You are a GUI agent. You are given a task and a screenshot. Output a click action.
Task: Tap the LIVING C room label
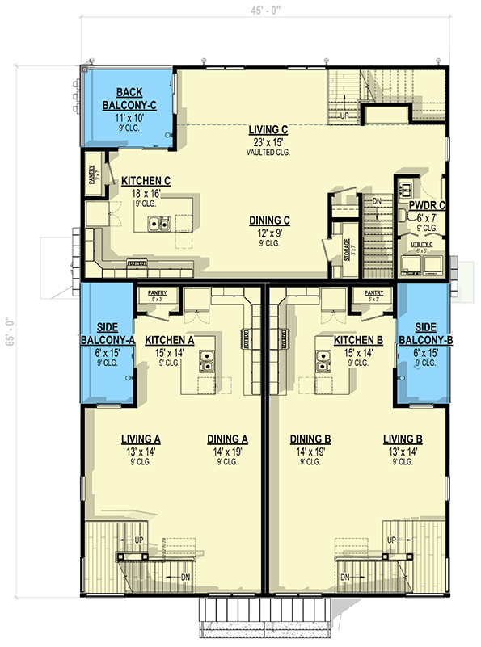pyautogui.click(x=269, y=128)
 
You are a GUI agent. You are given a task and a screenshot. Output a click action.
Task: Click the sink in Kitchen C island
pyautogui.click(x=158, y=223)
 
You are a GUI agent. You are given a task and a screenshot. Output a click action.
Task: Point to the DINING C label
pyautogui.click(x=270, y=220)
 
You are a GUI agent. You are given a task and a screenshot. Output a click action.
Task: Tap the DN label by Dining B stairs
pyautogui.click(x=345, y=577)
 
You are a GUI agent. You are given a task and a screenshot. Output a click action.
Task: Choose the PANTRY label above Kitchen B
pyautogui.click(x=373, y=293)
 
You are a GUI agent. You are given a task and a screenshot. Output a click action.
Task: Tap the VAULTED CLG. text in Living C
pyautogui.click(x=269, y=151)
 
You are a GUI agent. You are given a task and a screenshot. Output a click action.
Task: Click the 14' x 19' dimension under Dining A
pyautogui.click(x=227, y=452)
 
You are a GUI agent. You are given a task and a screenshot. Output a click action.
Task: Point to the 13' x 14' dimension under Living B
pyautogui.click(x=403, y=452)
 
